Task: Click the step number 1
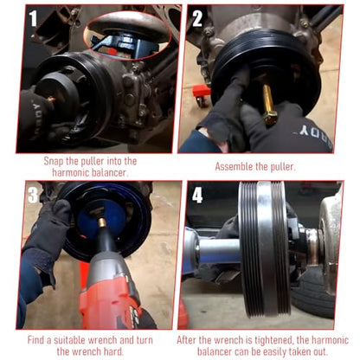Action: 33,19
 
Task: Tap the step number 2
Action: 197,18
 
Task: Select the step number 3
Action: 33,195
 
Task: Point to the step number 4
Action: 197,195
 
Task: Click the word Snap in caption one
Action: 54,161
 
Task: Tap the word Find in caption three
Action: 35,340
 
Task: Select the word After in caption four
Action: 186,340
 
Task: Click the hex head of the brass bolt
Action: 271,117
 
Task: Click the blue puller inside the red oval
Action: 124,45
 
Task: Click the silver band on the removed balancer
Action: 264,248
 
